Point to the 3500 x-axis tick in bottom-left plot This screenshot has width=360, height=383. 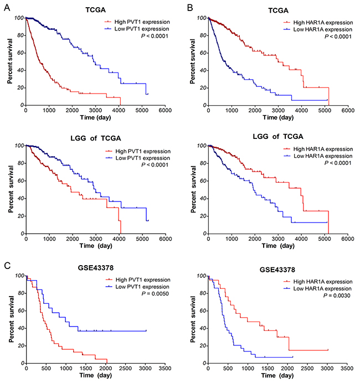pos(166,369)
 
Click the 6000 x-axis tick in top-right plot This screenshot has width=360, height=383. pos(348,111)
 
